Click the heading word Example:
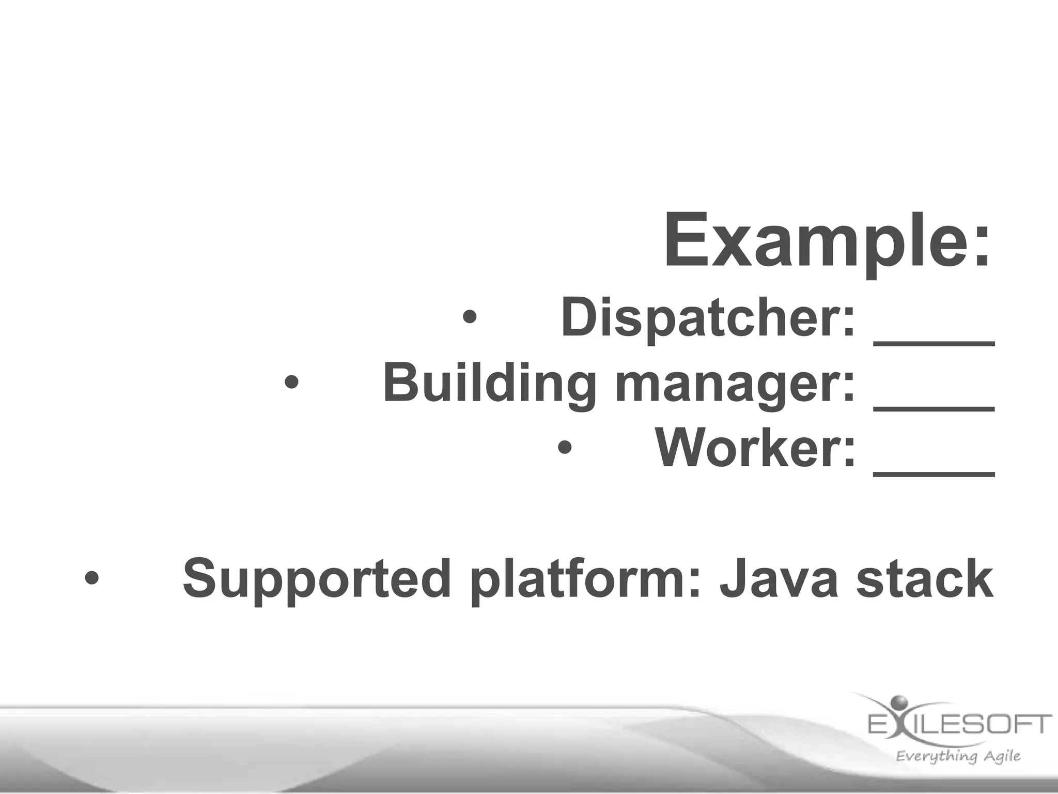[827, 242]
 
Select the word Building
[489, 383]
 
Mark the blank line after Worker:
[934, 472]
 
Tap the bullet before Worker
[565, 448]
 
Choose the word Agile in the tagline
[1001, 756]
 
